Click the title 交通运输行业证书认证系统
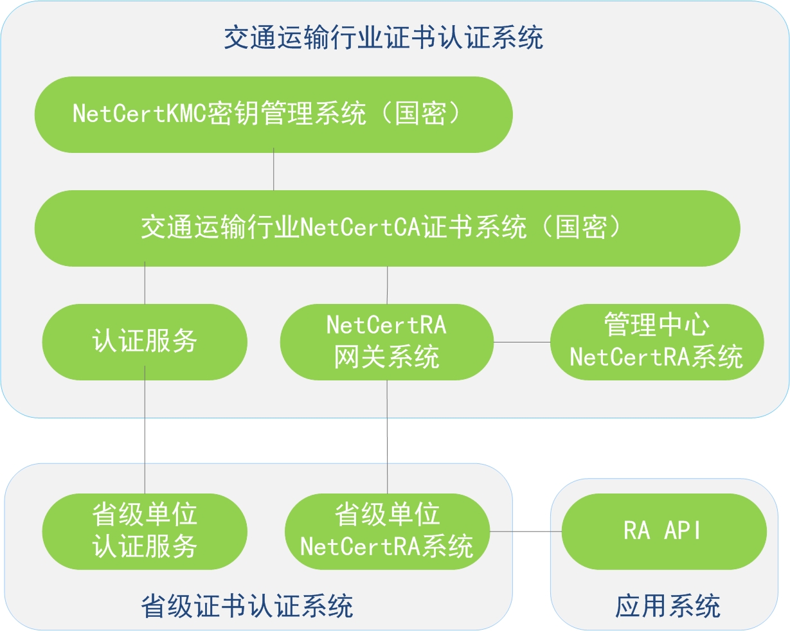[x=384, y=37]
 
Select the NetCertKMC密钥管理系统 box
[x=273, y=114]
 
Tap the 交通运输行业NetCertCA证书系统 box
[x=388, y=228]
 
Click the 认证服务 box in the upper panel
[x=145, y=342]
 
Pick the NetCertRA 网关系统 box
[x=386, y=342]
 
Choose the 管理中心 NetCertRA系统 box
[x=657, y=342]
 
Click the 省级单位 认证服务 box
[x=145, y=531]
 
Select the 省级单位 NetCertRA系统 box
[x=388, y=531]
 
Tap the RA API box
[x=664, y=531]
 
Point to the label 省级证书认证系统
[x=247, y=606]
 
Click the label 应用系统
[x=668, y=606]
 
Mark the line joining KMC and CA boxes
[x=273, y=169]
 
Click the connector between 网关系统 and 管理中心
[x=522, y=342]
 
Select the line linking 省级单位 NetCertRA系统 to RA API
[x=526, y=531]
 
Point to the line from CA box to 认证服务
[x=145, y=283]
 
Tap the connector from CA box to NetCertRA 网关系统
[x=388, y=285]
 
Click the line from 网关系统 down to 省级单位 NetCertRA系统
[x=387, y=437]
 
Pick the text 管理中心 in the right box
[x=657, y=324]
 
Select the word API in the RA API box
[x=683, y=531]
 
